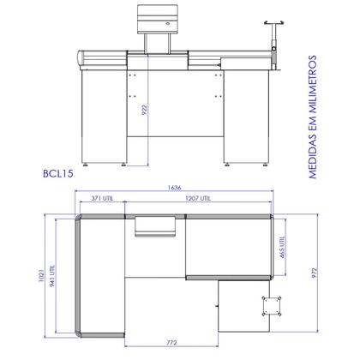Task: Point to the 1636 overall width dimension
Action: click(x=176, y=189)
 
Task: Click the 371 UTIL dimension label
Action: click(x=103, y=200)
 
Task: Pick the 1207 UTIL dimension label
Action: click(x=202, y=200)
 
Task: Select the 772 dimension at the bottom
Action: click(x=171, y=343)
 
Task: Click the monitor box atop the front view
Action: click(x=159, y=16)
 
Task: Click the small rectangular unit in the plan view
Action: click(x=158, y=225)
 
